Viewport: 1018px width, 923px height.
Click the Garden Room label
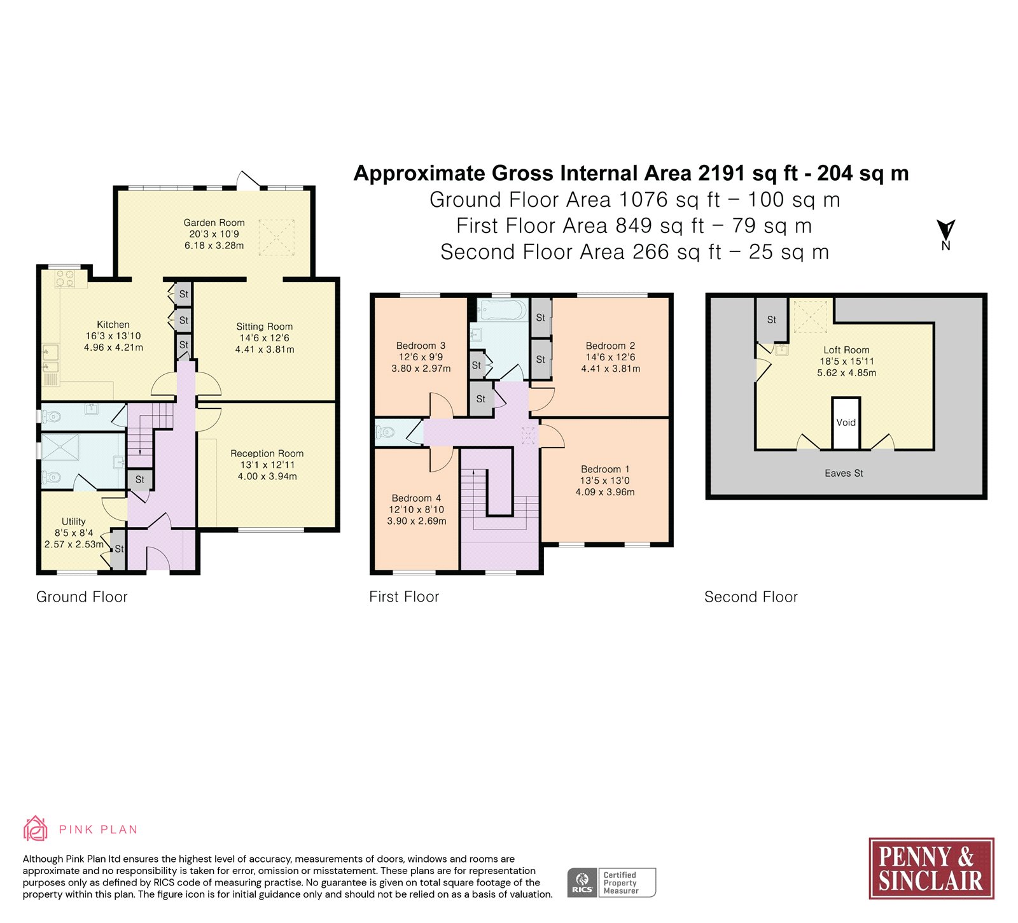pos(214,223)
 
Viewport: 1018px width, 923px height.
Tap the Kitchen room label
pos(113,325)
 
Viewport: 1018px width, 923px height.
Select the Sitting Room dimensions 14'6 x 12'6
pos(265,338)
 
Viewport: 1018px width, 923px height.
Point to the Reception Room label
pos(267,454)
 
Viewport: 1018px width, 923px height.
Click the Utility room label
pos(74,521)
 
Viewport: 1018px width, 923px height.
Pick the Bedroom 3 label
pos(421,346)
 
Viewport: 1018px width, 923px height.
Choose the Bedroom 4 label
pos(417,498)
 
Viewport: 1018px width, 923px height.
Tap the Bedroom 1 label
pos(605,469)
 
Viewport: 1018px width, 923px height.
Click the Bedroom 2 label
pos(611,346)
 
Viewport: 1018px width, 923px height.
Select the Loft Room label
pos(847,350)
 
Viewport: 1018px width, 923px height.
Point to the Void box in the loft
pos(846,423)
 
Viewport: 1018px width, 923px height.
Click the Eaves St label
pos(844,473)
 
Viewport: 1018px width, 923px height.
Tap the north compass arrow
pos(946,230)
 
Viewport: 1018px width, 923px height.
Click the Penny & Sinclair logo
pos(931,868)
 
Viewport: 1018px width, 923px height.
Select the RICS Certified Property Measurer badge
pos(611,883)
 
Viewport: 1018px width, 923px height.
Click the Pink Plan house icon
pos(36,829)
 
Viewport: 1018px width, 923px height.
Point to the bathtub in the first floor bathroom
pos(503,311)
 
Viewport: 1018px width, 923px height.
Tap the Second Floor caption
pos(751,597)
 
